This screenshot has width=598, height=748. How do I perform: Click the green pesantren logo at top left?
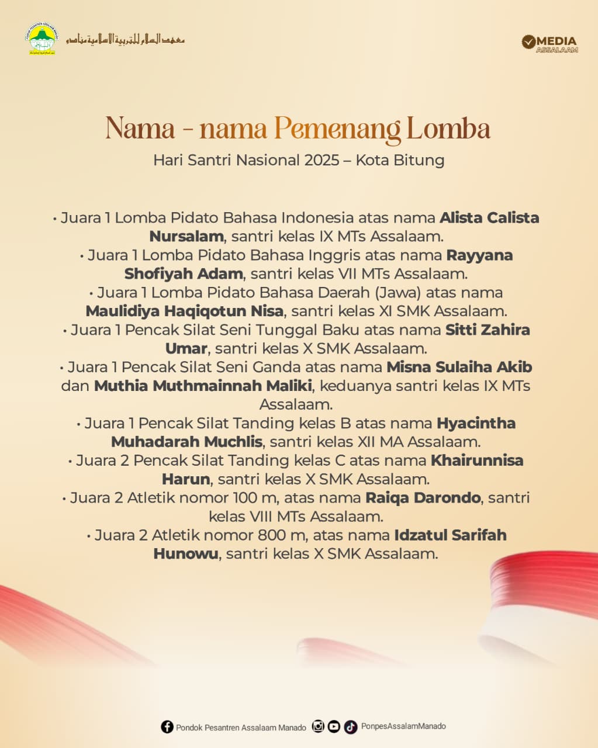pyautogui.click(x=42, y=39)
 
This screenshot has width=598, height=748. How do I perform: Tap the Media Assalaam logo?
pyautogui.click(x=549, y=43)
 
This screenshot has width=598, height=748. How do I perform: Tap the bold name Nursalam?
pyautogui.click(x=186, y=237)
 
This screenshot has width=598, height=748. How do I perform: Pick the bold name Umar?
pyautogui.click(x=186, y=348)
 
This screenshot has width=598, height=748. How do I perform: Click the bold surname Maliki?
pyautogui.click(x=290, y=386)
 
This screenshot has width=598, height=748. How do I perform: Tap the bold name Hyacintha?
pyautogui.click(x=476, y=423)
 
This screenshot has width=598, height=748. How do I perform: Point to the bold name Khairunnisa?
pyautogui.click(x=477, y=460)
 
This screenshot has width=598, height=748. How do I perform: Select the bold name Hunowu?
pyautogui.click(x=185, y=553)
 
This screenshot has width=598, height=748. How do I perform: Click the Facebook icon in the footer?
pyautogui.click(x=167, y=727)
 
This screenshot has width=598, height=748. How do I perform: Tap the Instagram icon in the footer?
pyautogui.click(x=318, y=726)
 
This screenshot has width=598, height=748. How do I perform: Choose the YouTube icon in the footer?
pyautogui.click(x=334, y=726)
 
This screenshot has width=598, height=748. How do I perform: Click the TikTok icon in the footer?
pyautogui.click(x=350, y=727)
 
